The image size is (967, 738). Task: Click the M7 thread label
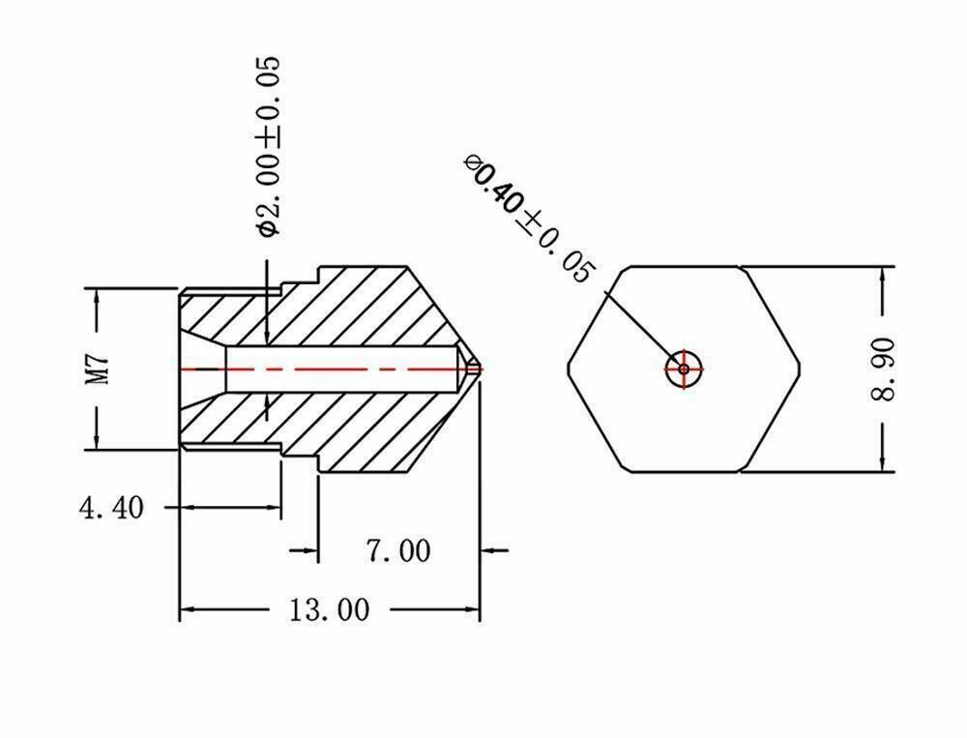pos(98,369)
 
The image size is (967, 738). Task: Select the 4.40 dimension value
pos(111,509)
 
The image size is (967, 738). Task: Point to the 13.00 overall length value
pos(330,609)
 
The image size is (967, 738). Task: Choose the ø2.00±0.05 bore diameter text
pos(269,146)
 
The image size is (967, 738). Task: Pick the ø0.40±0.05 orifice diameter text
pos(531,218)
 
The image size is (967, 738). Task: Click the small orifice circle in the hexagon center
pos(684,369)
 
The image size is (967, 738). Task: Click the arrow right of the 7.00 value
pos(494,549)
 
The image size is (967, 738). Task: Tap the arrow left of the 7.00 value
pos(304,549)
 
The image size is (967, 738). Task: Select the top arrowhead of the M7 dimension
pos(97,297)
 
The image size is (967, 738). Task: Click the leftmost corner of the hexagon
pos(568,369)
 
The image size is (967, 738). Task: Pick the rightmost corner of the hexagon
pos(801,369)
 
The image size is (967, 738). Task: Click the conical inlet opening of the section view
pos(203,369)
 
